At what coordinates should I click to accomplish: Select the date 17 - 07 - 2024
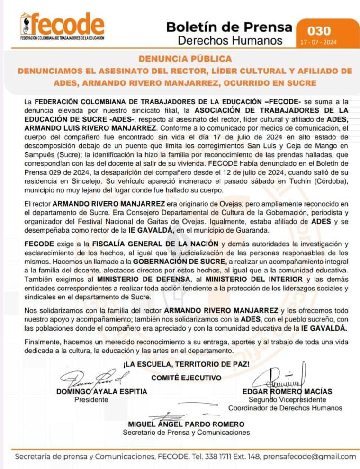coord(319,42)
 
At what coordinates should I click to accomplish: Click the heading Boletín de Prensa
coord(229,27)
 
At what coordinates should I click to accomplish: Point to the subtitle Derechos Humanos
coord(230,40)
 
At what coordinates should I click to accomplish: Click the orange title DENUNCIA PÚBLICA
coord(185,59)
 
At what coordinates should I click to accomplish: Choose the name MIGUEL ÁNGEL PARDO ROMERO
coord(186,424)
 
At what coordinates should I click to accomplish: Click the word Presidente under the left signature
coord(91,399)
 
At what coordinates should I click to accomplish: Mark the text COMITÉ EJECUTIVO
coord(186,378)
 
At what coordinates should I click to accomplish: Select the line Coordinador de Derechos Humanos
coord(285,408)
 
